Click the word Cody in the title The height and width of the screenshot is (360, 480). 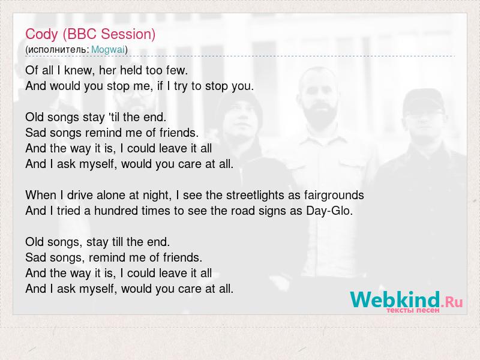(x=41, y=34)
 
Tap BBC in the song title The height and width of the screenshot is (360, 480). (x=82, y=34)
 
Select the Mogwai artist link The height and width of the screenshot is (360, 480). (x=108, y=49)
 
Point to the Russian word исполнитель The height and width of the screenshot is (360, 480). (x=58, y=50)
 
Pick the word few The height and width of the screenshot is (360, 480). (x=176, y=70)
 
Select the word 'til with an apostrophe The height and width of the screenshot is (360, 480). (x=113, y=117)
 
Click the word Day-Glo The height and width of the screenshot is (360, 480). (x=329, y=211)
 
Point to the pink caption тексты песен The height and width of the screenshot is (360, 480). (x=413, y=310)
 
